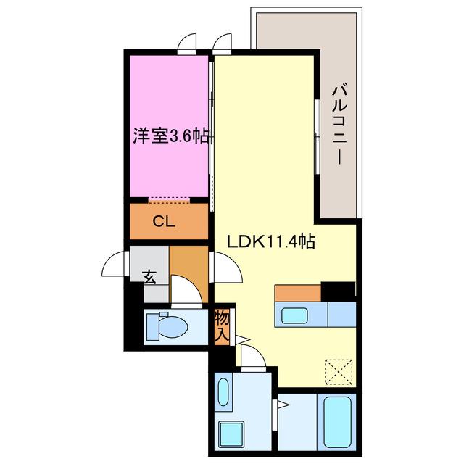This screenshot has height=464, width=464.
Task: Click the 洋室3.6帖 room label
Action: point(170,136)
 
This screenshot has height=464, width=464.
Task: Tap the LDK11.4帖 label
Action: point(270,242)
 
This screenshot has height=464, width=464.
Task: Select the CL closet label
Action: point(164,221)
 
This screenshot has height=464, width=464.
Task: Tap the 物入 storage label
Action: point(223,327)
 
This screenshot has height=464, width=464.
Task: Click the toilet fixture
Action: point(167,326)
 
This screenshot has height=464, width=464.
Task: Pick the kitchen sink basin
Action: point(294,315)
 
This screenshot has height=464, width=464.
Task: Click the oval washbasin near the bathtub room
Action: point(223,393)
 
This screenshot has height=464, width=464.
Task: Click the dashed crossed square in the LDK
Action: point(339,372)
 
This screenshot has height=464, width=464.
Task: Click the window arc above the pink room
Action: point(186,41)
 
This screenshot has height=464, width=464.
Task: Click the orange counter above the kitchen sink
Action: point(298,293)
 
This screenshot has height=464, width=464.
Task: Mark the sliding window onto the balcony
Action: point(317,136)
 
